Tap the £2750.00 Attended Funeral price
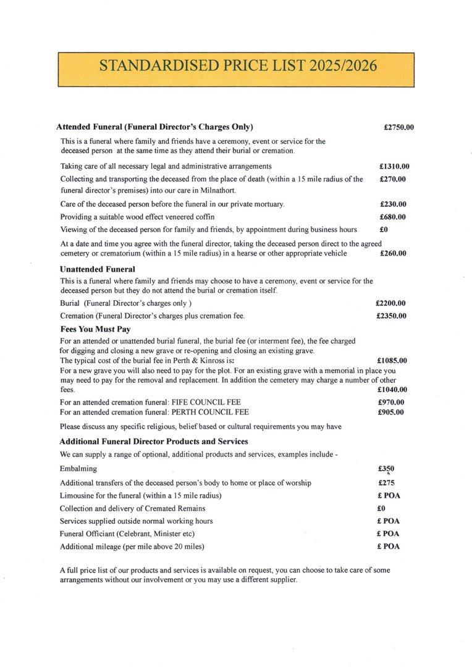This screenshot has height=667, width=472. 398,128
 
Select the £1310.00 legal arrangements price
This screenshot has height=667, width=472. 394,166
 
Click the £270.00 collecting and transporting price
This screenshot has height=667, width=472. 392,179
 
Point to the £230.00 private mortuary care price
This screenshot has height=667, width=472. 392,204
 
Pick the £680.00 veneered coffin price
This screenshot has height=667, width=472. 392,217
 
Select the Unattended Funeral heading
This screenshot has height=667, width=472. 97,269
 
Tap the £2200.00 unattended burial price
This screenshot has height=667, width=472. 390,303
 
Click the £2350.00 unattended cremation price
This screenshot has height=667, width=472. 390,316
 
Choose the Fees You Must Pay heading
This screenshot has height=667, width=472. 95,329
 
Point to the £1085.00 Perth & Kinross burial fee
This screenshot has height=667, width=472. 392,360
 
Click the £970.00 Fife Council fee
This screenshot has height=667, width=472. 390,403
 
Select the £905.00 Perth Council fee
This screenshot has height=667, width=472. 390,412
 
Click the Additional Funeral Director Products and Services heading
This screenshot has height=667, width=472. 154,442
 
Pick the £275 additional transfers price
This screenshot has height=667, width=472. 386,483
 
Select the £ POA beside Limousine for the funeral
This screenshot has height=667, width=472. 388,496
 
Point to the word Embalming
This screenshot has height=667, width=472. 78,469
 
